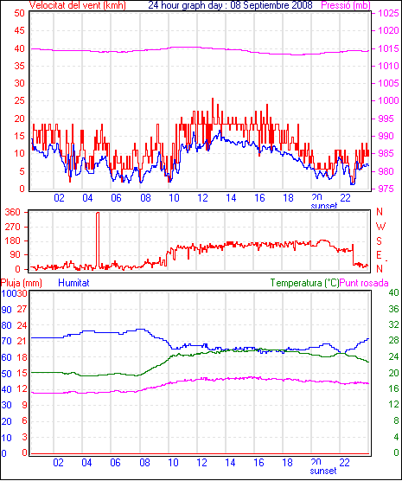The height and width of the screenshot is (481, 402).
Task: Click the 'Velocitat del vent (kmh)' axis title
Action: [77, 5]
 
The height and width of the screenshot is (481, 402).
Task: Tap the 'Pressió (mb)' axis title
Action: [346, 5]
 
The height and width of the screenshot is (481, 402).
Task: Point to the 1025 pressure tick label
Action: [388, 14]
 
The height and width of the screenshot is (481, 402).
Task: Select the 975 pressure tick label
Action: [388, 189]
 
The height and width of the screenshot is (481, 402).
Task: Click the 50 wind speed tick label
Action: [19, 14]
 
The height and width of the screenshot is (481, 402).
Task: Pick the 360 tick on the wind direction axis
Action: [13, 212]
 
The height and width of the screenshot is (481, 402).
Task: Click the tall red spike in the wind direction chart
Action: [98, 240]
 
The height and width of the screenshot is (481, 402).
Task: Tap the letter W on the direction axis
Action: [380, 227]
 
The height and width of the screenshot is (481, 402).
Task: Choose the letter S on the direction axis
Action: [380, 241]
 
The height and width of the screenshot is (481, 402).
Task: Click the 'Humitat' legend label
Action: [73, 283]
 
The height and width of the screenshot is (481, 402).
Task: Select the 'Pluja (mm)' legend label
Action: [21, 283]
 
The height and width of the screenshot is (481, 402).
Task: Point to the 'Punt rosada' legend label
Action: [364, 283]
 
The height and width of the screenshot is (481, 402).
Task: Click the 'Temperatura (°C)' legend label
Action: [305, 283]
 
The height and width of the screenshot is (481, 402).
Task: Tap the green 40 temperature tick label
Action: [393, 293]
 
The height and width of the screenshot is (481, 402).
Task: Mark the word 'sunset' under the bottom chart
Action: [323, 471]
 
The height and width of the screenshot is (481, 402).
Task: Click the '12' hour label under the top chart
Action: [202, 198]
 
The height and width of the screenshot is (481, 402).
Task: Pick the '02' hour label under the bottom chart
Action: [58, 463]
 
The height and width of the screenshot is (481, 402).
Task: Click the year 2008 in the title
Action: [302, 5]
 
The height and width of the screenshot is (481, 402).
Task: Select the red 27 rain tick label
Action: [22, 309]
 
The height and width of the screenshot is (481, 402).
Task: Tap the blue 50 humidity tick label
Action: [6, 374]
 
